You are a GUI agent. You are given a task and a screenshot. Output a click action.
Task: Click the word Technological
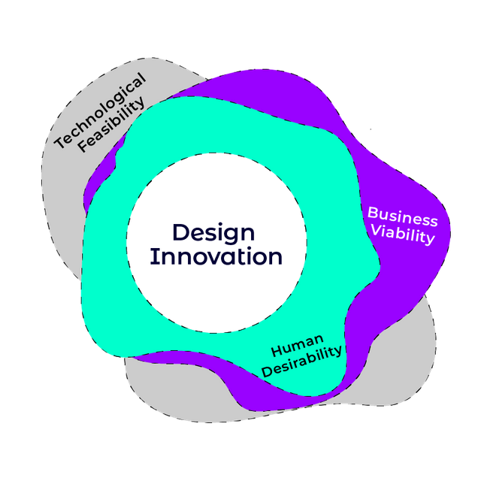coord(101,110)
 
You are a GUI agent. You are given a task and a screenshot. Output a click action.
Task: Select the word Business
coord(402,219)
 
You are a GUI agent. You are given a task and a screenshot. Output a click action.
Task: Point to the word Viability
coord(403,237)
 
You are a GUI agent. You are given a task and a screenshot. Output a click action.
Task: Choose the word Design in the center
coord(213,232)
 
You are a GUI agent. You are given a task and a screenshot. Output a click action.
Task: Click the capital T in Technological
coord(61,142)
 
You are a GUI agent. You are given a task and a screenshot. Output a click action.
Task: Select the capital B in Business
coord(373,213)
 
